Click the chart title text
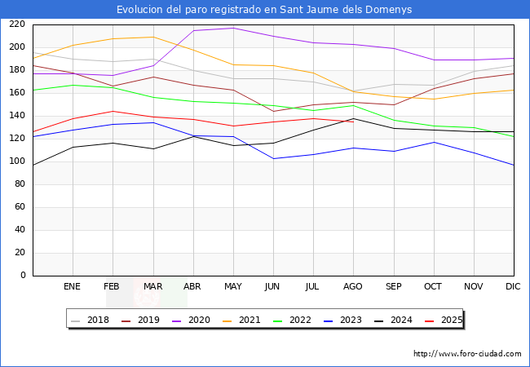click(x=264, y=10)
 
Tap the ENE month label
click(x=73, y=287)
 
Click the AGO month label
click(x=353, y=287)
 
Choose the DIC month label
click(x=513, y=287)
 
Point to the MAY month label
click(x=233, y=287)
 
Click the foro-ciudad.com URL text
click(x=467, y=354)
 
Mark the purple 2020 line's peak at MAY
click(x=233, y=29)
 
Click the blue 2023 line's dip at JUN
click(x=273, y=158)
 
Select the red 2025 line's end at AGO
click(x=353, y=122)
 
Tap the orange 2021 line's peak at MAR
click(x=153, y=37)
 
